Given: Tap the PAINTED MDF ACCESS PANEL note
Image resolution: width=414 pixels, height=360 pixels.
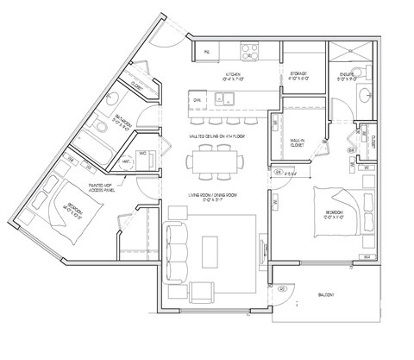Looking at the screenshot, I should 102,186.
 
